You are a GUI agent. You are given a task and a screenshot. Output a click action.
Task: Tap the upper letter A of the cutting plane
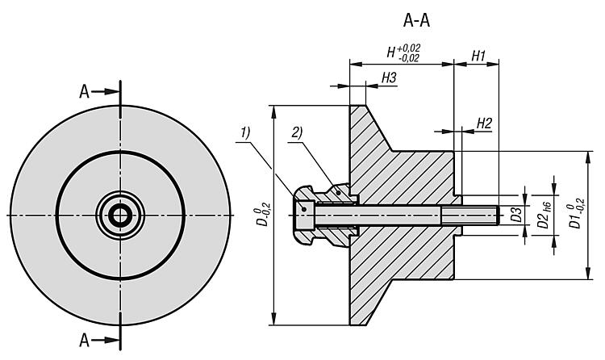85,91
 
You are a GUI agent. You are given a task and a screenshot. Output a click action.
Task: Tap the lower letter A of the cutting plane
85,338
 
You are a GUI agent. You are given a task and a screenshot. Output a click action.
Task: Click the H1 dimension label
478,56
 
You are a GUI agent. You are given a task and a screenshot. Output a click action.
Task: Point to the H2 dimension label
484,123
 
